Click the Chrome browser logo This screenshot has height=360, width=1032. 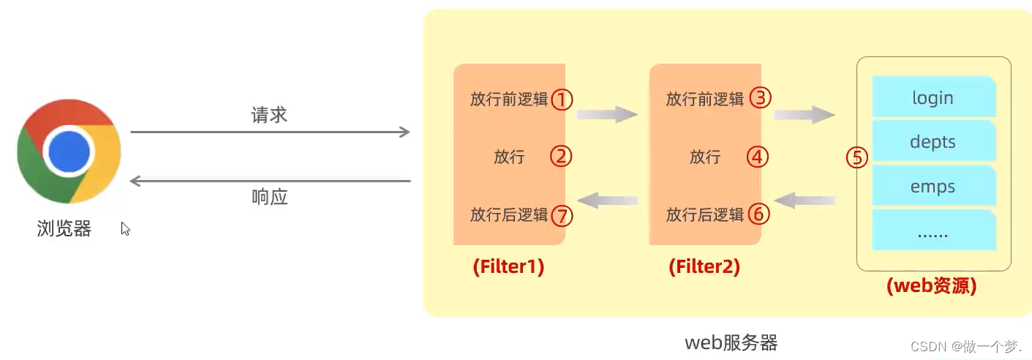pyautogui.click(x=69, y=151)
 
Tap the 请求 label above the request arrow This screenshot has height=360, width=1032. pyautogui.click(x=269, y=115)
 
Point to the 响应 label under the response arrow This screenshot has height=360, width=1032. pyautogui.click(x=269, y=196)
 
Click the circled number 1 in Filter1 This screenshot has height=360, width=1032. pyautogui.click(x=562, y=99)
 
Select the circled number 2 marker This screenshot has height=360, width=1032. pyautogui.click(x=561, y=156)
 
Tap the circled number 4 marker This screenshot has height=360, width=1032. pyautogui.click(x=758, y=156)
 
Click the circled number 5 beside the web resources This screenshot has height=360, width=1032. pyautogui.click(x=857, y=157)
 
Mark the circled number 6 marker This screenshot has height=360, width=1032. pyautogui.click(x=759, y=214)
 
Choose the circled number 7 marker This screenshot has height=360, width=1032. pyautogui.click(x=562, y=215)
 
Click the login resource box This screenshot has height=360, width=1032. pyautogui.click(x=933, y=97)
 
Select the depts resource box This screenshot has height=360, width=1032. pyautogui.click(x=933, y=141)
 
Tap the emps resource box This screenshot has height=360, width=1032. pyautogui.click(x=933, y=186)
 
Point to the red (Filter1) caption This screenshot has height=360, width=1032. pyautogui.click(x=508, y=267)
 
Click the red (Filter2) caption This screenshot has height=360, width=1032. pyautogui.click(x=704, y=267)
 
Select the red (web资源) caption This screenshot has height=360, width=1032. pyautogui.click(x=931, y=285)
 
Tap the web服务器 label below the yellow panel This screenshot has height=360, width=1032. pyautogui.click(x=731, y=342)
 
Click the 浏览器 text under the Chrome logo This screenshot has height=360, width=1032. pyautogui.click(x=64, y=229)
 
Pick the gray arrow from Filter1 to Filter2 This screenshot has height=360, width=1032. pyautogui.click(x=607, y=114)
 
